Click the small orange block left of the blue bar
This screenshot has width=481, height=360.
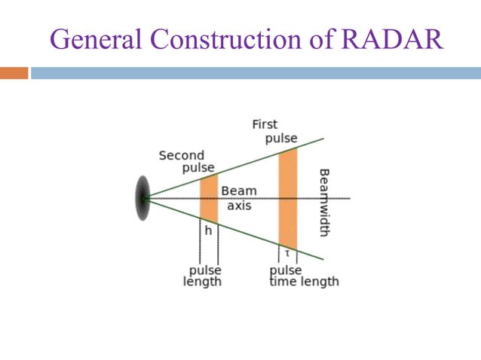[x=14, y=73]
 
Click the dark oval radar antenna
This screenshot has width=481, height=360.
[x=142, y=198]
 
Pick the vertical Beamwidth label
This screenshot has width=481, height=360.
[x=324, y=202]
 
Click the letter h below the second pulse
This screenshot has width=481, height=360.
[x=208, y=231]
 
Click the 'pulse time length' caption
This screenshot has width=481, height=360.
[x=304, y=276]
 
